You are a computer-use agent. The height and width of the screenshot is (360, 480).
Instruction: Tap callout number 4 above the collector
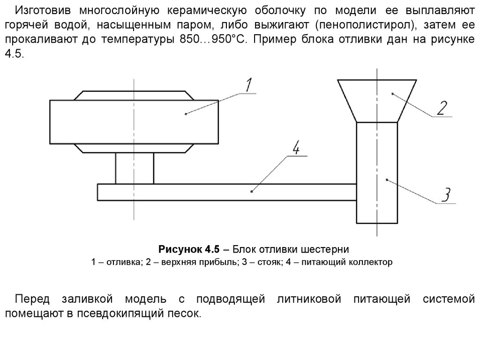[296, 149]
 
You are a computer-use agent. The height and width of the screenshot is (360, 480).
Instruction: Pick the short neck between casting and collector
[135, 168]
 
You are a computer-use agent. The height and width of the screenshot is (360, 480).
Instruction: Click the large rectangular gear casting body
[134, 122]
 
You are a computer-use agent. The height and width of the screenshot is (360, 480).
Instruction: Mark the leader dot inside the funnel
[392, 94]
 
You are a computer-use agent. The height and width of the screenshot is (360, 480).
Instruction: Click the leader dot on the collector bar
[252, 191]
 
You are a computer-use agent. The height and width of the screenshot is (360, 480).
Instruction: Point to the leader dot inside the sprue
[386, 179]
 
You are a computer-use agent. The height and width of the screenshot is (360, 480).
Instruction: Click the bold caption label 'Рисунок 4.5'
[187, 248]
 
